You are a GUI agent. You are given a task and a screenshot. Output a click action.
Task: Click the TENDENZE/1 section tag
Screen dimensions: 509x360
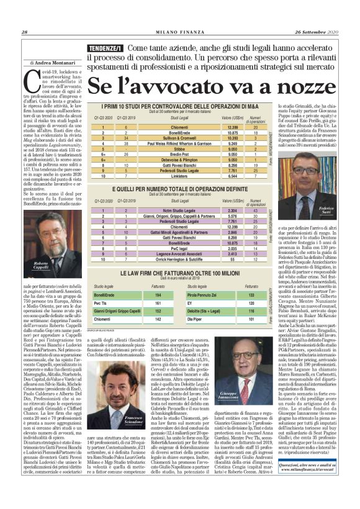[105, 47]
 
